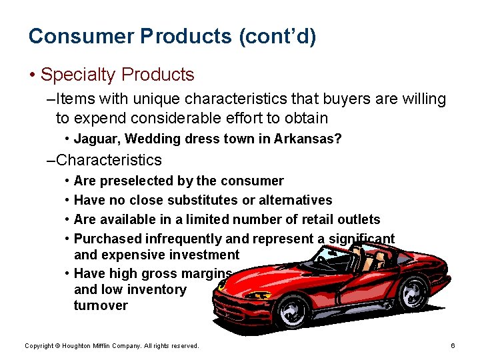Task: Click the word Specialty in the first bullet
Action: [x=78, y=75]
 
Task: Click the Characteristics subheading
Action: [x=109, y=160]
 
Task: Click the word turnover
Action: [x=101, y=306]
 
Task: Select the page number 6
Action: [x=453, y=346]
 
